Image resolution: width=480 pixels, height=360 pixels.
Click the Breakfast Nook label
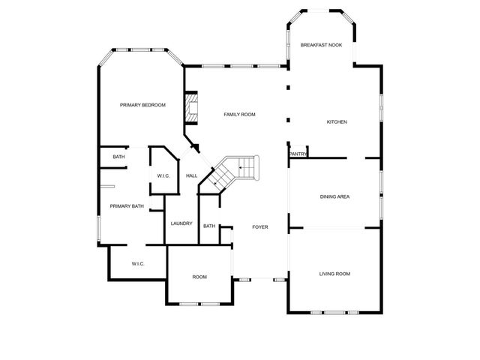321,45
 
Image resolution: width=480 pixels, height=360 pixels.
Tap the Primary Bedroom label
142,105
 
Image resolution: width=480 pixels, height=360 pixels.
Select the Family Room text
240,115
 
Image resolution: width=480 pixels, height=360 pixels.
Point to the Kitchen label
336,121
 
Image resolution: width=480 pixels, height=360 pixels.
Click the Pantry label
298,154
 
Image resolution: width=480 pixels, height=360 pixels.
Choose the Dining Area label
335,196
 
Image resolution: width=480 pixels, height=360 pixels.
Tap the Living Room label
335,274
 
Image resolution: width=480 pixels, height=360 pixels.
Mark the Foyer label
259,226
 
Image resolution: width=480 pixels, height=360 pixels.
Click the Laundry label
181,223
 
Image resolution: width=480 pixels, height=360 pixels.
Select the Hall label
191,175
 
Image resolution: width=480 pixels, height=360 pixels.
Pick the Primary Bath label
127,205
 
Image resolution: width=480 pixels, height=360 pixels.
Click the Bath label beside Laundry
209,226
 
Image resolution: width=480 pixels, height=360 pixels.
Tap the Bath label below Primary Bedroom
118,157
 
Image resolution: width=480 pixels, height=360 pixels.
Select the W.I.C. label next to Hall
163,175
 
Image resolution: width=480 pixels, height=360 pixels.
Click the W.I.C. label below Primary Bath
138,263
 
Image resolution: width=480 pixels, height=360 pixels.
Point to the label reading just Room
199,277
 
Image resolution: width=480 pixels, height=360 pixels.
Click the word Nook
334,45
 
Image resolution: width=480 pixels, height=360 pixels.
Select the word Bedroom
152,105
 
